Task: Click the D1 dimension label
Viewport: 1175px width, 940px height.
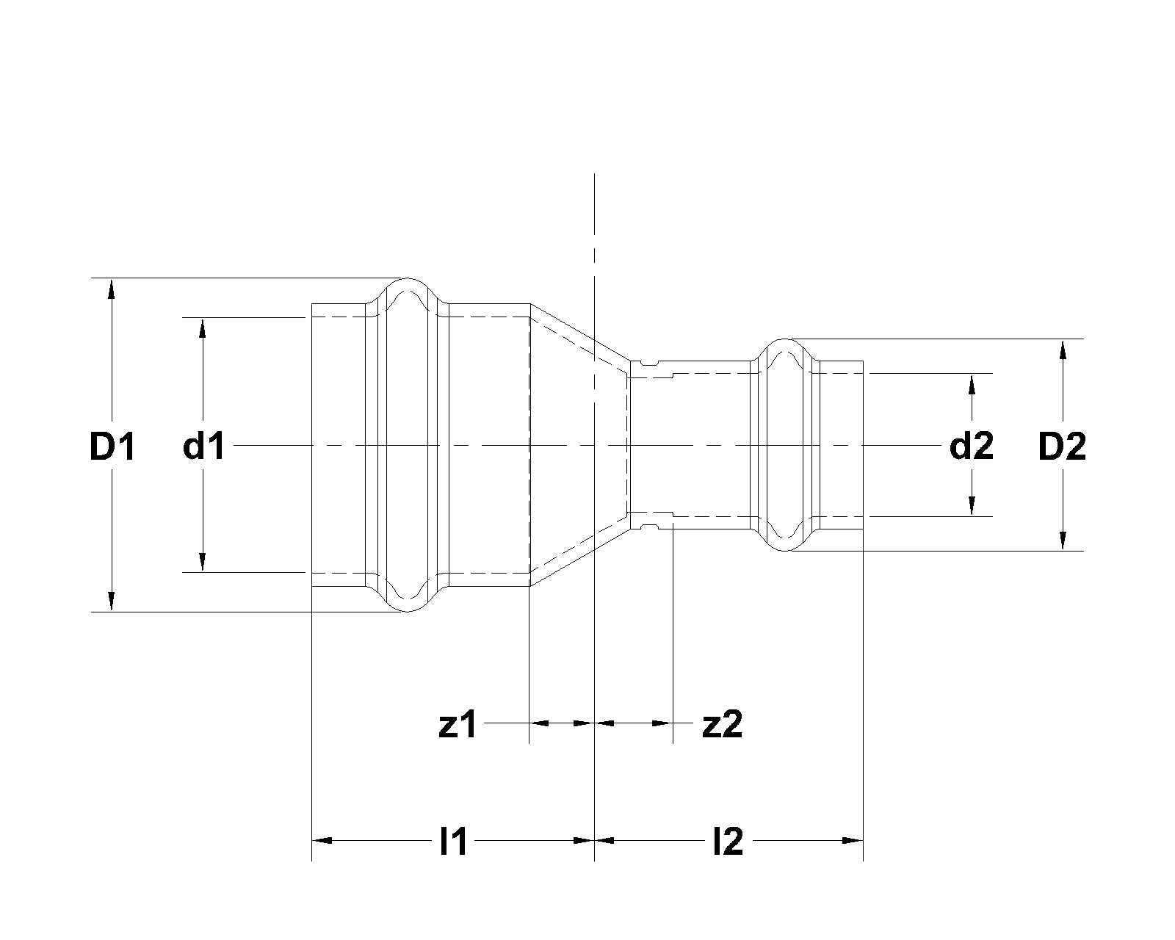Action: (112, 446)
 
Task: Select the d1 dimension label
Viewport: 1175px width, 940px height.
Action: (204, 446)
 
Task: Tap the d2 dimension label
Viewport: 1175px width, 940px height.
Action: (971, 446)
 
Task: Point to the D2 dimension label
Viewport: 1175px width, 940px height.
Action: (1062, 446)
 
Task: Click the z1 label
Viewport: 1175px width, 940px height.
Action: (458, 725)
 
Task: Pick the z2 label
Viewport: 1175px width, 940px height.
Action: (723, 725)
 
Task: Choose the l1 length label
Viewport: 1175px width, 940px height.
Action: (453, 842)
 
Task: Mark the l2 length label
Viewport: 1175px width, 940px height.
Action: (728, 842)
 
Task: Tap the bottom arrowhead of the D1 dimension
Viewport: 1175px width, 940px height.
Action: (112, 601)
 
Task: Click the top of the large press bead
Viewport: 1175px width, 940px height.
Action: (408, 280)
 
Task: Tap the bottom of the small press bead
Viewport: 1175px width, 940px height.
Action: (785, 549)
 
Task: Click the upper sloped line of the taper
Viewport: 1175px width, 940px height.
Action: (580, 332)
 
